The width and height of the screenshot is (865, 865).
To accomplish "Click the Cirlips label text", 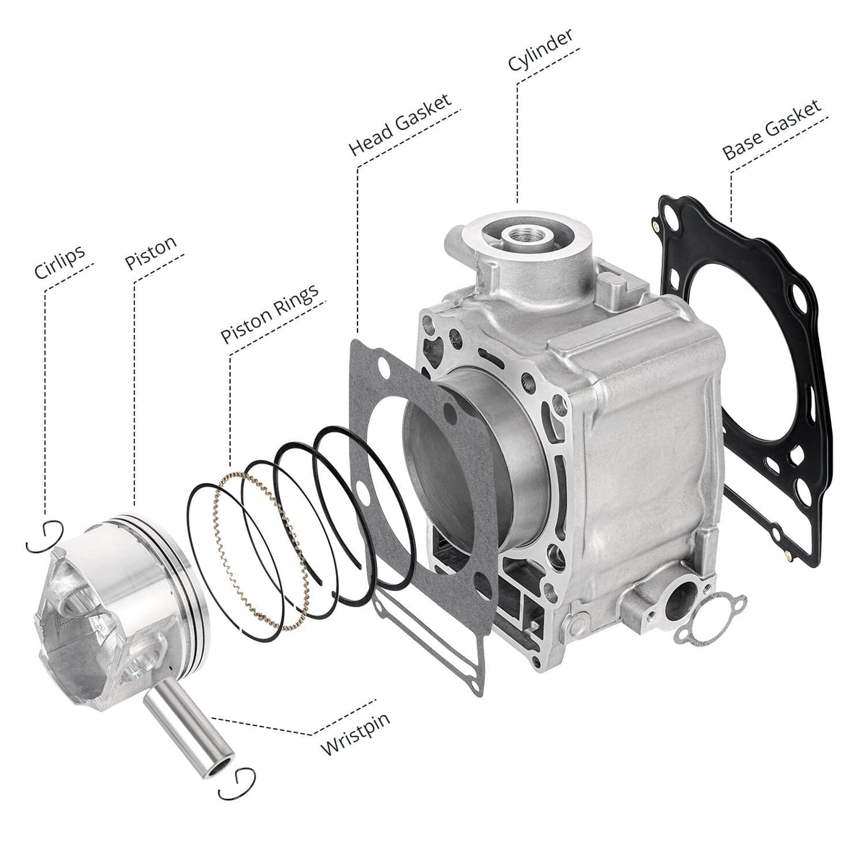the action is [x=60, y=262].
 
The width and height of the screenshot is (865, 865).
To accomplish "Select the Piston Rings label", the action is [x=270, y=314].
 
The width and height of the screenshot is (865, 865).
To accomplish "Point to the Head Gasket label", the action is [x=400, y=124].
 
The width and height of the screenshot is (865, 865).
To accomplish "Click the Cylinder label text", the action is [x=541, y=50].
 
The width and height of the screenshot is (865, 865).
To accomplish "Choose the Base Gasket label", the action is [x=772, y=130].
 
